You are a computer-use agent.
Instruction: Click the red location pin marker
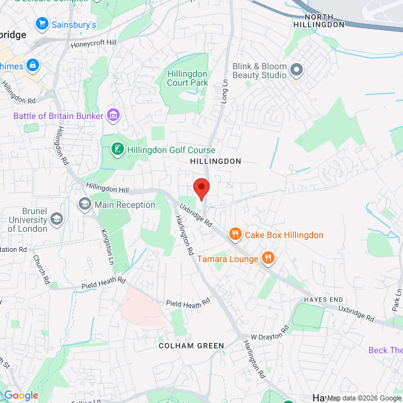201,188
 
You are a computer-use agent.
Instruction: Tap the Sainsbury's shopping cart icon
42,25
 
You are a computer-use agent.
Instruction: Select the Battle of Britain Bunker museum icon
113,115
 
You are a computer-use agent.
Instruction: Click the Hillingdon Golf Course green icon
116,150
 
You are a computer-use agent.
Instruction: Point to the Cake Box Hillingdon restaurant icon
236,235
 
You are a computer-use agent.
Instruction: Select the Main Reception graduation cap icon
84,204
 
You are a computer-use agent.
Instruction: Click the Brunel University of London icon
57,219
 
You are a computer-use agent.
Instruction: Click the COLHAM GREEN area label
191,346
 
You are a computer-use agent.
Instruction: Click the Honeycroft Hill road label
94,43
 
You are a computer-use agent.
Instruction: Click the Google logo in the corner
21,395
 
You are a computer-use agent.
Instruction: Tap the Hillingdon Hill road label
107,188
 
